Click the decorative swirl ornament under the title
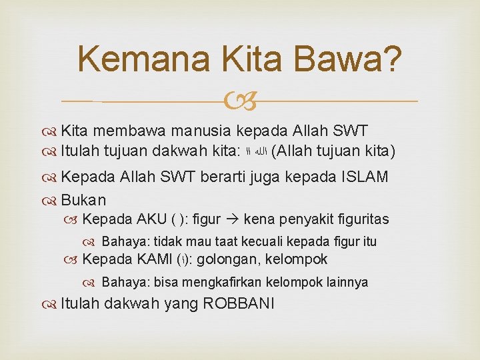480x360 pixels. tap(239, 101)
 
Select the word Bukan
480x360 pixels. tap(83, 199)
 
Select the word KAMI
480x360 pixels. tap(155, 259)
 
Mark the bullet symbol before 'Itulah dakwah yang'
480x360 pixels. tap(51, 304)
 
